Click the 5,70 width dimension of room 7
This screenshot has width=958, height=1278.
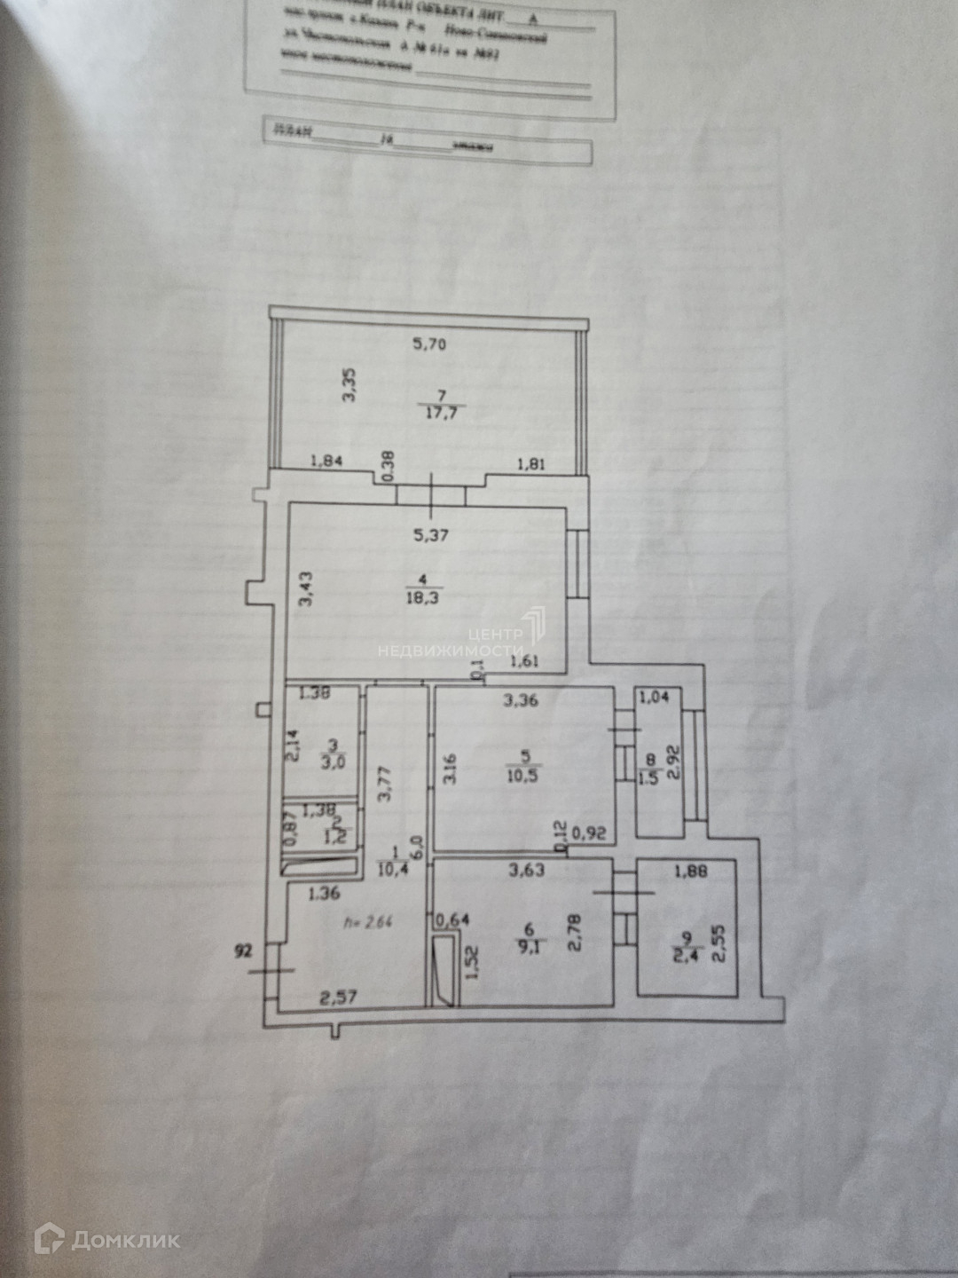pos(429,344)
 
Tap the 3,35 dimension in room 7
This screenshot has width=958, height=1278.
pos(349,385)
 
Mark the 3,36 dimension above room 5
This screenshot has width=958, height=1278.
pos(521,700)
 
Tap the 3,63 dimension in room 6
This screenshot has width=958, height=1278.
pos(526,871)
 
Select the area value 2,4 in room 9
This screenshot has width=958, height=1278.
pos(685,955)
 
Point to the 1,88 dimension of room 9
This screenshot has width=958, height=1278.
pos(691,872)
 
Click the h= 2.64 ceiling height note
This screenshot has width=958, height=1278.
pos(366,922)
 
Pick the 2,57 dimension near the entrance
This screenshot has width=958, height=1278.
pos(338,998)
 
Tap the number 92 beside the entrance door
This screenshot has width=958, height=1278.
pos(243,951)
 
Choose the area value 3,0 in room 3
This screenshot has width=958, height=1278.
pos(334,761)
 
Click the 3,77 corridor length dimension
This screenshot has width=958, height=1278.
pos(384,785)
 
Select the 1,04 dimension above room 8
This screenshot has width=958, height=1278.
pos(654,698)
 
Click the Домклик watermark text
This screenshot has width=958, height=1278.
pos(125,1239)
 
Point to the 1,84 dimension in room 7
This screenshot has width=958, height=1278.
pos(326,461)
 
